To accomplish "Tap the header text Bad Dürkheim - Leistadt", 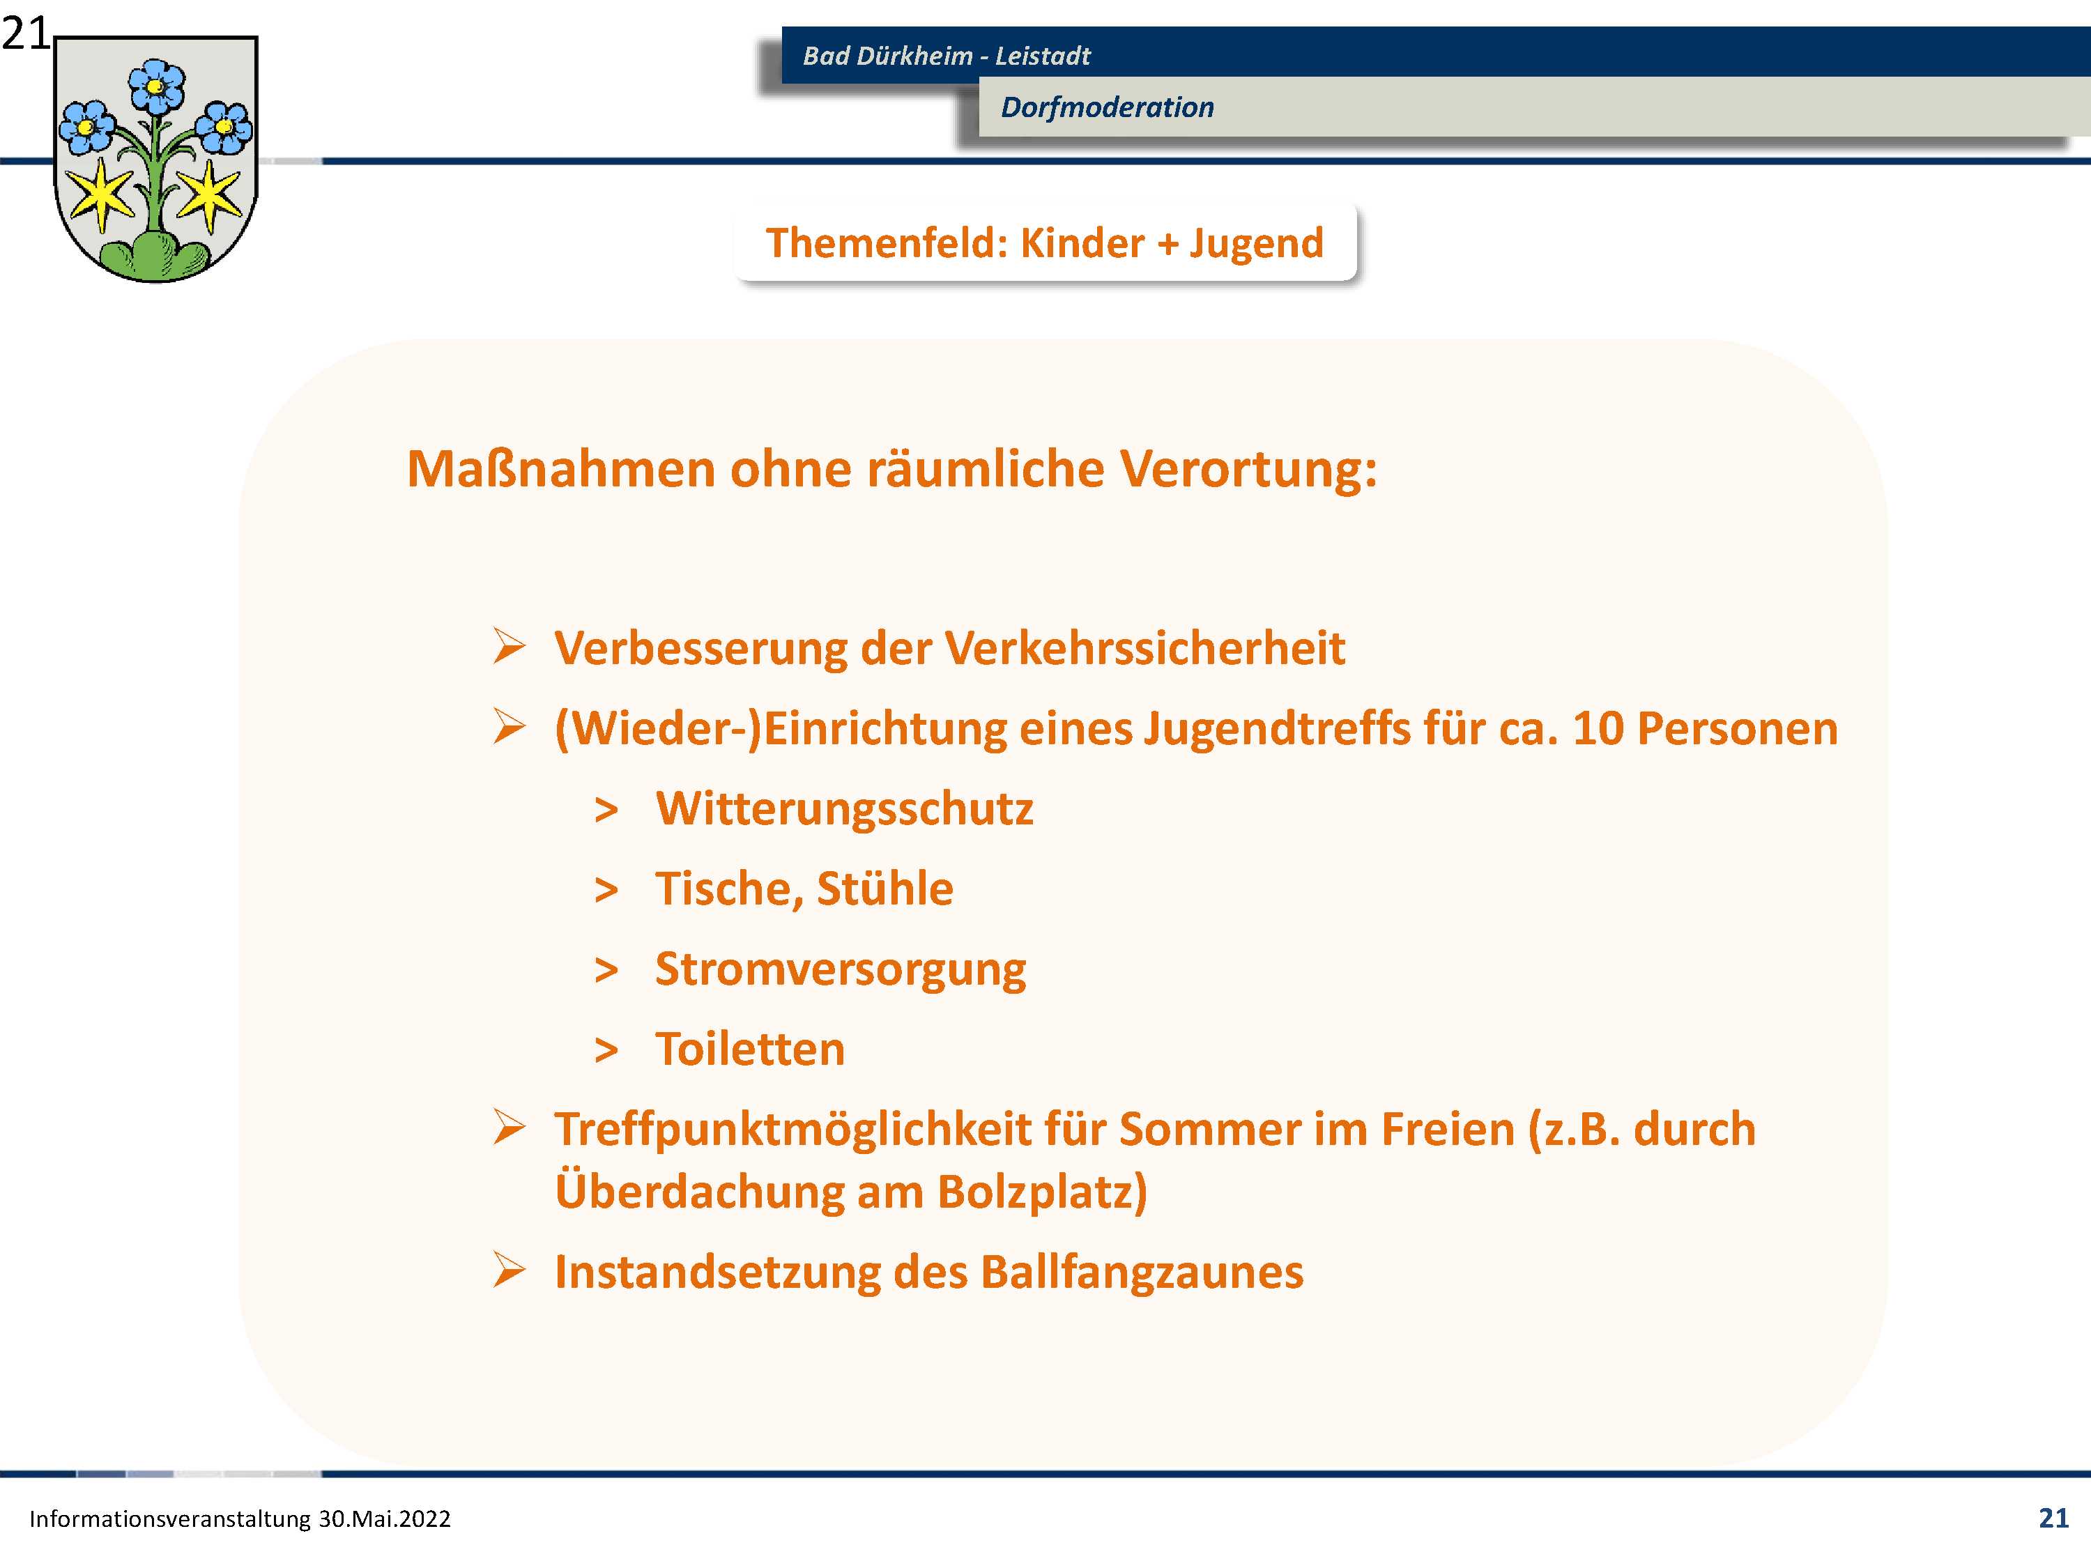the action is pyautogui.click(x=947, y=56).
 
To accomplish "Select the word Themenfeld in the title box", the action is pyautogui.click(x=887, y=243).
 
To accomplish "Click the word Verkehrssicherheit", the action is pyautogui.click(x=1144, y=648).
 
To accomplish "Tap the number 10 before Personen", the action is pyautogui.click(x=1598, y=729).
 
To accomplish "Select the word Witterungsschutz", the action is pyautogui.click(x=844, y=810).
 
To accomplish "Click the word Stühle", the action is pyautogui.click(x=884, y=889).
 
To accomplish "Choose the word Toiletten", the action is pyautogui.click(x=751, y=1049).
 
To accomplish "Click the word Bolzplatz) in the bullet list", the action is pyautogui.click(x=1043, y=1192).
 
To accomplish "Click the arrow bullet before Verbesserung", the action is pyautogui.click(x=509, y=647).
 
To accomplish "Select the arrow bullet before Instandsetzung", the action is pyautogui.click(x=509, y=1270).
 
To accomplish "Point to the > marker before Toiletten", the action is pyautogui.click(x=606, y=1051).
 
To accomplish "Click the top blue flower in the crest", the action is pyautogui.click(x=156, y=87).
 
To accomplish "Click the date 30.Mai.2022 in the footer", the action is pyautogui.click(x=384, y=1519).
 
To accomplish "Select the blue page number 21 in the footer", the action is pyautogui.click(x=2053, y=1518).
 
